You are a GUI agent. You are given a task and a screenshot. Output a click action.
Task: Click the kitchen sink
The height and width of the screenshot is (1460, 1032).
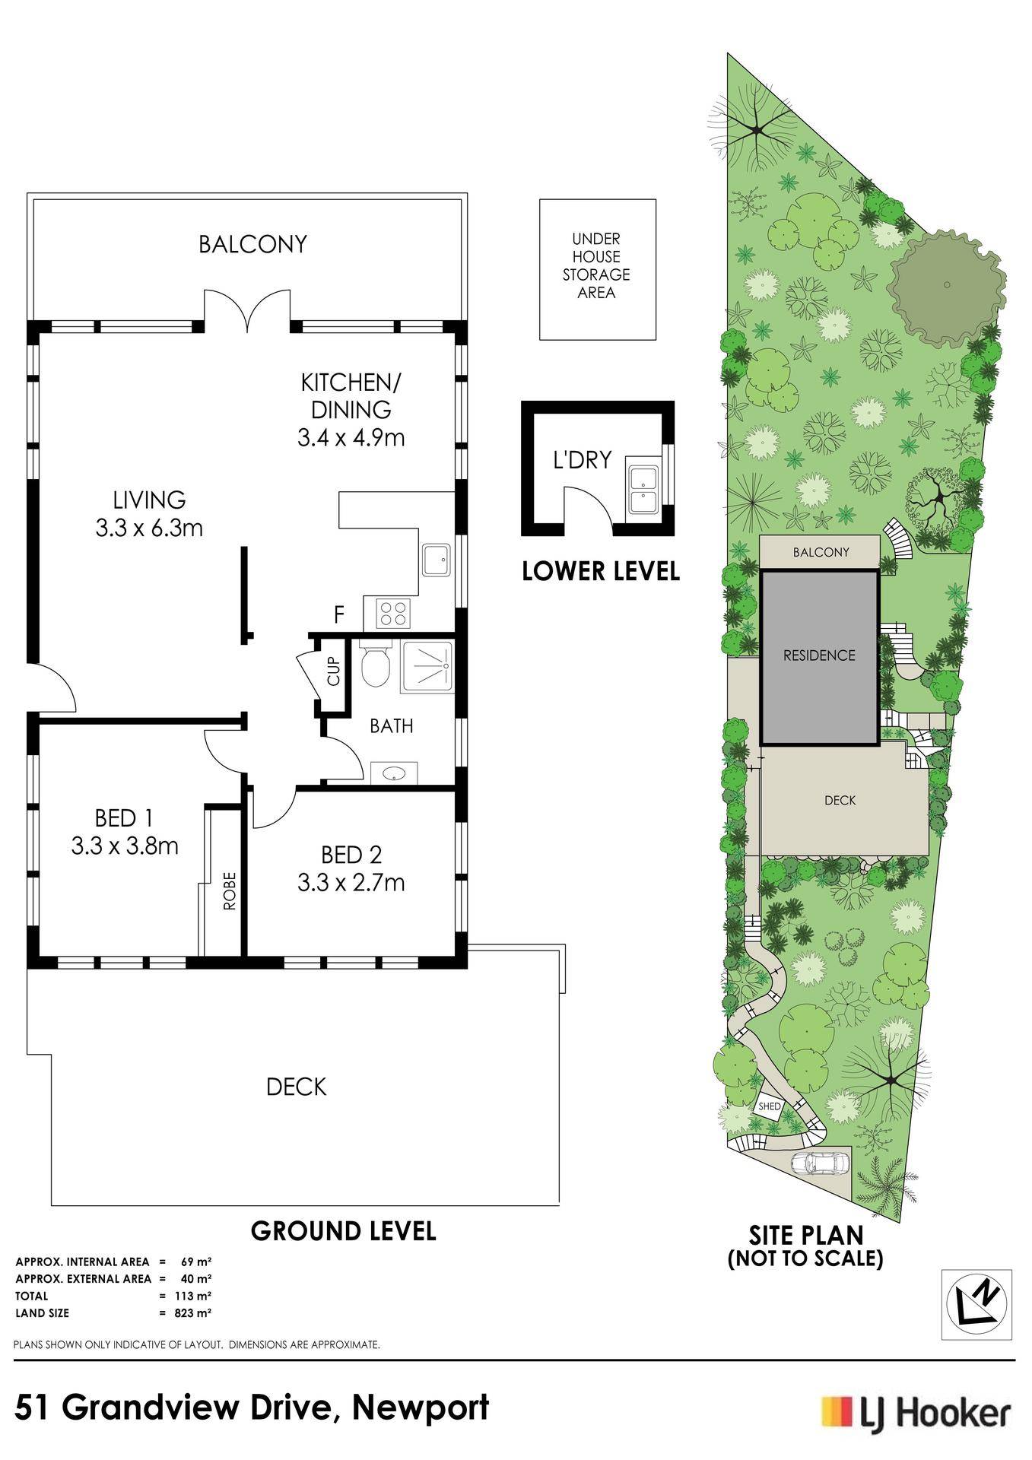pos(437,561)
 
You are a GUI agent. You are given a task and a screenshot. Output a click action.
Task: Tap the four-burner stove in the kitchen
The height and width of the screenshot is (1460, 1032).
pos(392,613)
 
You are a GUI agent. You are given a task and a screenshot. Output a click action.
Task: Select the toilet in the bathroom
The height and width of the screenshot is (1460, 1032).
pos(374,666)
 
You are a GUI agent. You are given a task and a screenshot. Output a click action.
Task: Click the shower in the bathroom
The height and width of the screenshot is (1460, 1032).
pos(427,667)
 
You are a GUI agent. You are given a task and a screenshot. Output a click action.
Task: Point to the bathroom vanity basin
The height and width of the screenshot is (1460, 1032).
pos(395,773)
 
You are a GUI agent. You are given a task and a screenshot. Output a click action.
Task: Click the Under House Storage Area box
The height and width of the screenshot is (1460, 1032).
pos(597,269)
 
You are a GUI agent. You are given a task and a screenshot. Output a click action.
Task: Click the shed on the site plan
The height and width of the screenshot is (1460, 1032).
pos(770,1106)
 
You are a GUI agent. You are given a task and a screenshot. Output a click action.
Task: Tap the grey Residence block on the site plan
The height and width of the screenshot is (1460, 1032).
pos(820,657)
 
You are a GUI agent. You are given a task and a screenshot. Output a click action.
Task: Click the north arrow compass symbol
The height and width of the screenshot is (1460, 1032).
pos(978,1305)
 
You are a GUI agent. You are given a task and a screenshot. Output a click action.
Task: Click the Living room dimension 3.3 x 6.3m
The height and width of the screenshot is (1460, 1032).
pos(150,527)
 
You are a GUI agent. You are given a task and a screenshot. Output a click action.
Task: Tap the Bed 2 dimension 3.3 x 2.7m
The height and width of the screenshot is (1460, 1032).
pos(351,883)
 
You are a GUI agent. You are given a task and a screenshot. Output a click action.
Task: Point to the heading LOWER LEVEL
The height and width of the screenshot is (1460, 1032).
pos(601,571)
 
